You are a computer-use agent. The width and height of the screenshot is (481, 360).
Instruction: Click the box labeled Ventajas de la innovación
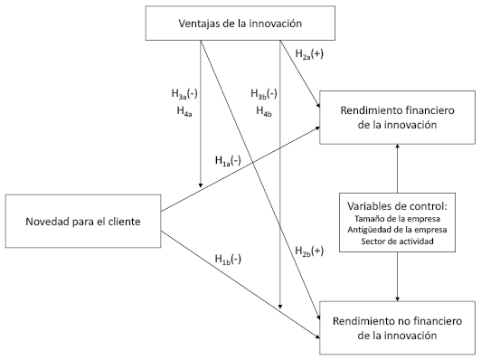[x=240, y=23]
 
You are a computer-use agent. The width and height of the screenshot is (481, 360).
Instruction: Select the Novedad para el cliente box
[x=83, y=221]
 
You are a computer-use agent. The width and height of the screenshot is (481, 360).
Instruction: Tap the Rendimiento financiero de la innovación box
[x=397, y=118]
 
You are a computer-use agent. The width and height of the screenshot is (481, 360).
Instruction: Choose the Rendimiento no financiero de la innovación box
[x=397, y=327]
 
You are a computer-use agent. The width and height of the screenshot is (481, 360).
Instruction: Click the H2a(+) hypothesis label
[x=309, y=54]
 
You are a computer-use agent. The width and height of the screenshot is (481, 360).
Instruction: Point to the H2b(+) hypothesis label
[x=309, y=251]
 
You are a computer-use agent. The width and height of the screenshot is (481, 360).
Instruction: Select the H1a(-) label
[x=228, y=160]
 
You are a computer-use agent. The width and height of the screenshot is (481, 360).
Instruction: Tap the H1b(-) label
[x=228, y=260]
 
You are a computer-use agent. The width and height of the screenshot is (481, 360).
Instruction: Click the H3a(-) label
[x=184, y=94]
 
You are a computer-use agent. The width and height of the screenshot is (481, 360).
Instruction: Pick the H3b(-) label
[x=264, y=94]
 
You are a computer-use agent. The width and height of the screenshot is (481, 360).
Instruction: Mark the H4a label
[x=184, y=110]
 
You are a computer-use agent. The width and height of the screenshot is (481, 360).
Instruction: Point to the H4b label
[x=264, y=110]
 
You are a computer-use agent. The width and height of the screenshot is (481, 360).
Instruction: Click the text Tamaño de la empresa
[x=397, y=219]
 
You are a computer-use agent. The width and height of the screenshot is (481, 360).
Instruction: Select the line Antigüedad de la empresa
[x=397, y=230]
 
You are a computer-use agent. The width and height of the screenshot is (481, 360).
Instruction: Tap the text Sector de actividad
[x=397, y=242]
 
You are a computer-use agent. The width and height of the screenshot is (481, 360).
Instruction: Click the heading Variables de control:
[x=397, y=206]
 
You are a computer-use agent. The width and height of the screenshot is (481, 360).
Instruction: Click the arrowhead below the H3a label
[x=201, y=185]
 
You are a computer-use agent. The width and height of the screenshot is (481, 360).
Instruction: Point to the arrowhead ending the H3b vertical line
[x=279, y=307]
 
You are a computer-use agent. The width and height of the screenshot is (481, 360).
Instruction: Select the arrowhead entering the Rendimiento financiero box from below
[x=397, y=147]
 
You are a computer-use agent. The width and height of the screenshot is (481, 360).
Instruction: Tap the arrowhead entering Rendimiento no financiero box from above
[x=397, y=298]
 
